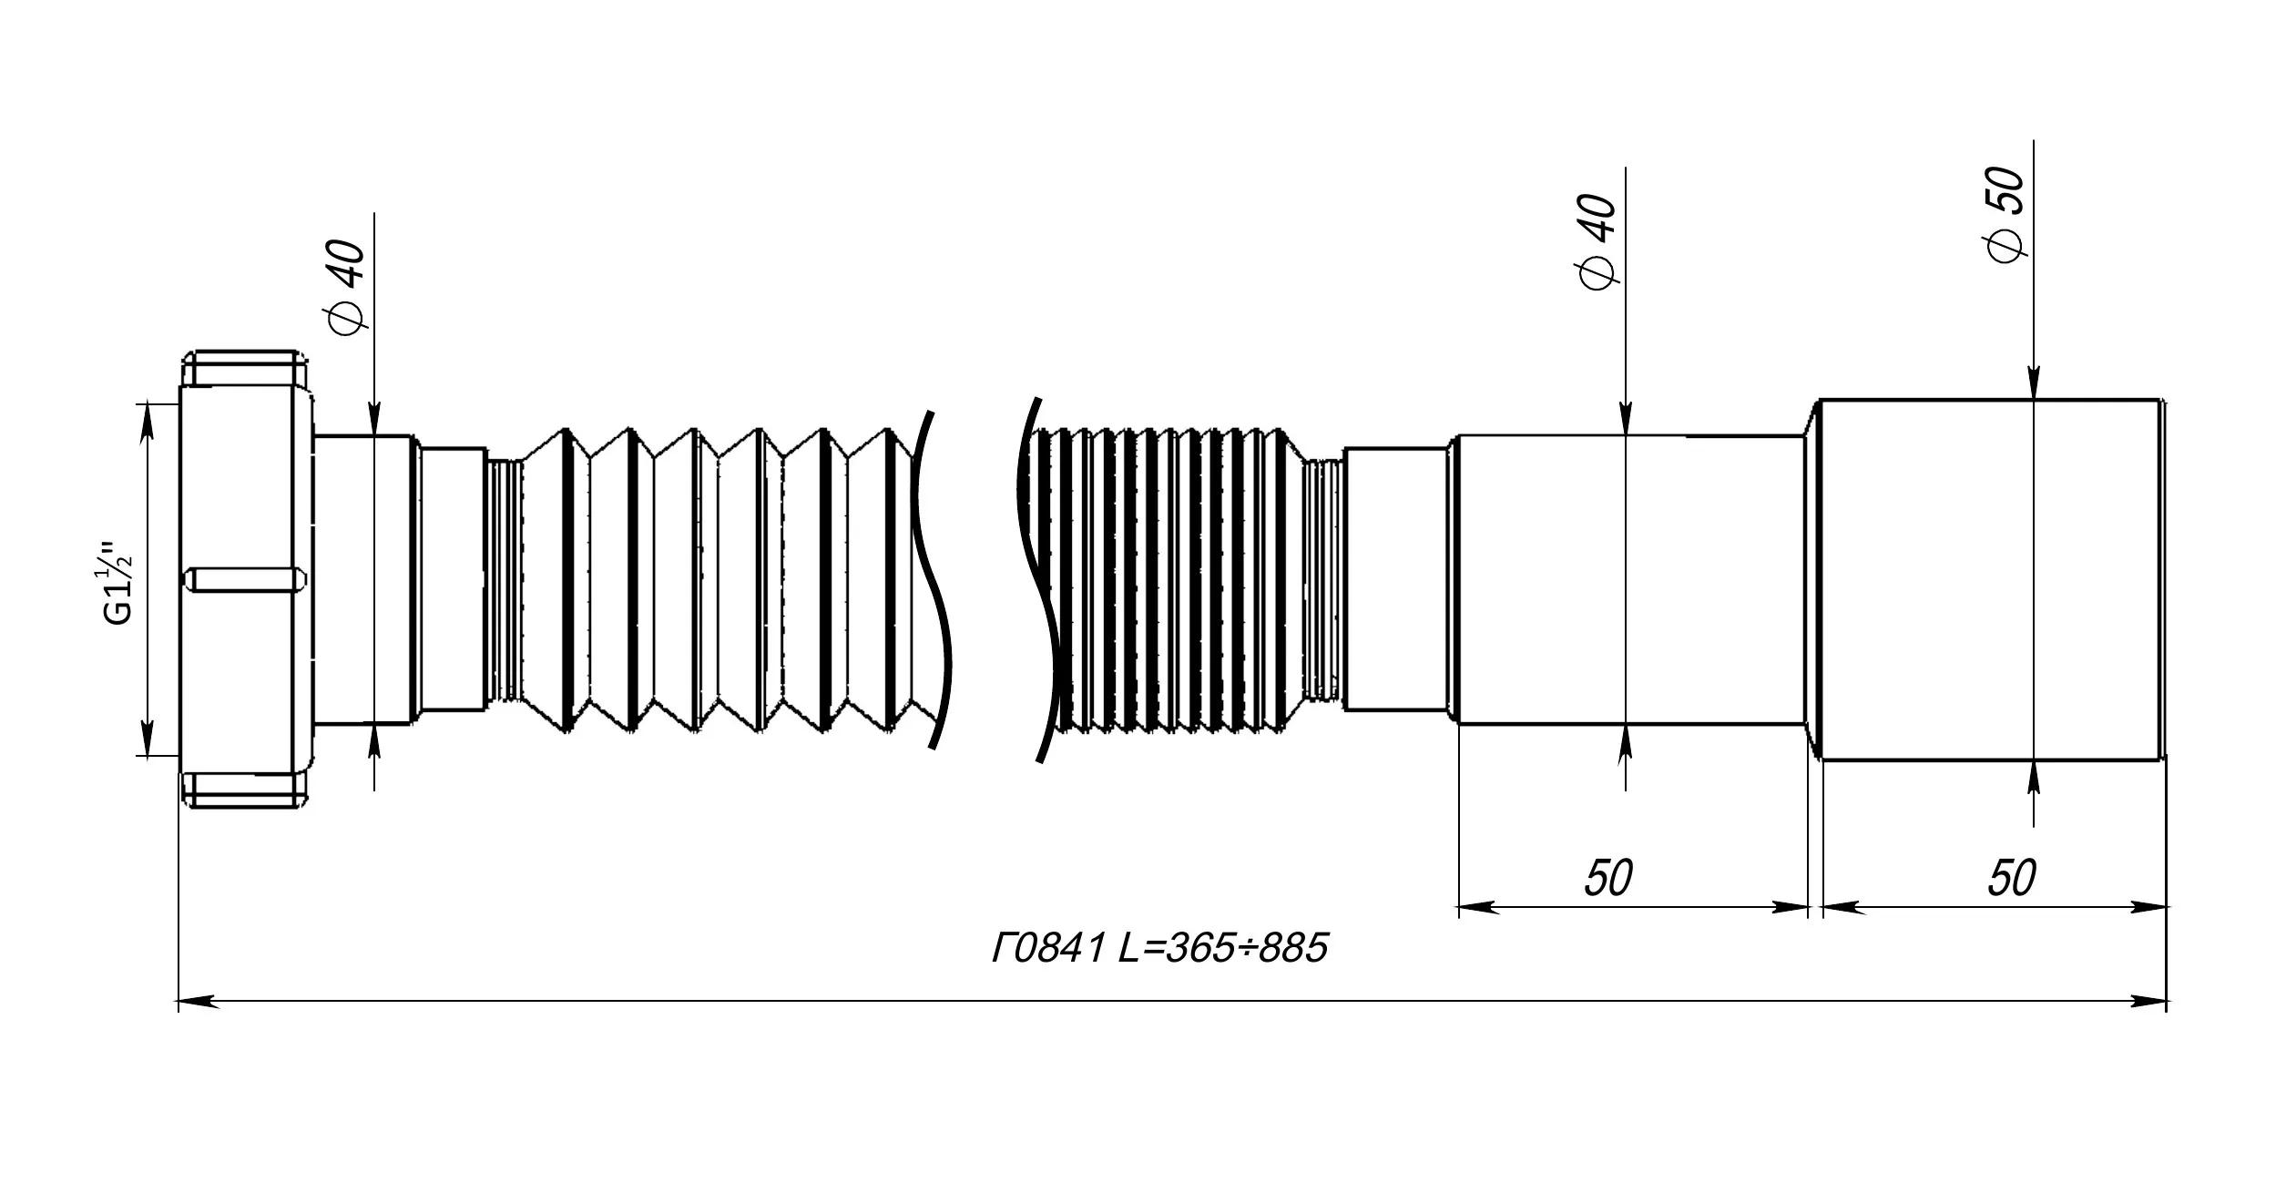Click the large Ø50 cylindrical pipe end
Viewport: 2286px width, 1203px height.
click(x=1991, y=579)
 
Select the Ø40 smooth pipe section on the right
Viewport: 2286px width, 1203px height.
click(x=1632, y=579)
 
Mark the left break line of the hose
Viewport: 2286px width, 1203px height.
click(x=932, y=580)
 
